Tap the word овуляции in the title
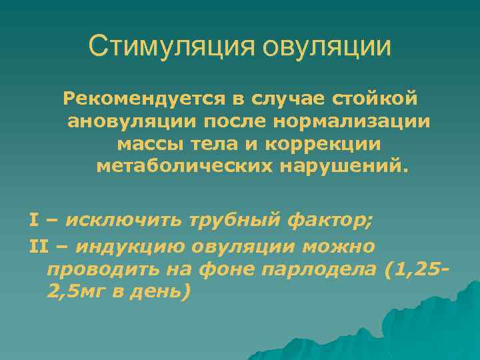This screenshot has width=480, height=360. [x=327, y=46]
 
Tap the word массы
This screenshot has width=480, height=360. [x=145, y=143]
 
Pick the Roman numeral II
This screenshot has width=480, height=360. [x=39, y=246]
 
